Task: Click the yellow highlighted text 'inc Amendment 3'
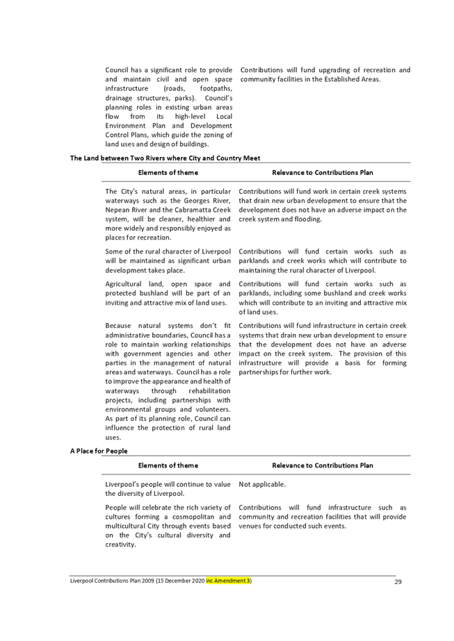coord(228,581)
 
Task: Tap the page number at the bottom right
coord(398,581)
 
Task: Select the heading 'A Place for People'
coord(99,451)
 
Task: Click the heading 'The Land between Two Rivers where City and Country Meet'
coord(165,158)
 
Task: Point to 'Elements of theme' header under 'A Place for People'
coord(168,465)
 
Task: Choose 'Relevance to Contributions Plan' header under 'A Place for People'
coord(323,465)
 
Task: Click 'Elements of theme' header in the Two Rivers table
coord(168,172)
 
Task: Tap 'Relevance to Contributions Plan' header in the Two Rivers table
coord(323,172)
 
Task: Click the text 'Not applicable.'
coord(263,484)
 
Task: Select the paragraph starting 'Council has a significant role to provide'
coord(169,107)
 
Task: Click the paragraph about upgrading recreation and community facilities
coord(324,75)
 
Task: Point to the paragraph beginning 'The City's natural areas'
coord(169,214)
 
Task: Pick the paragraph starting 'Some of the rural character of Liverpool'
coord(169,260)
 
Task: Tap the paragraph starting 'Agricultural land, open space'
coord(169,294)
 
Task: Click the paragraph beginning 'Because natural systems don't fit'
coord(169,381)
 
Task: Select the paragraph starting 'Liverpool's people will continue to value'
coord(169,489)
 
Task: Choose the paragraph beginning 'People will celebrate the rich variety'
coord(169,526)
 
